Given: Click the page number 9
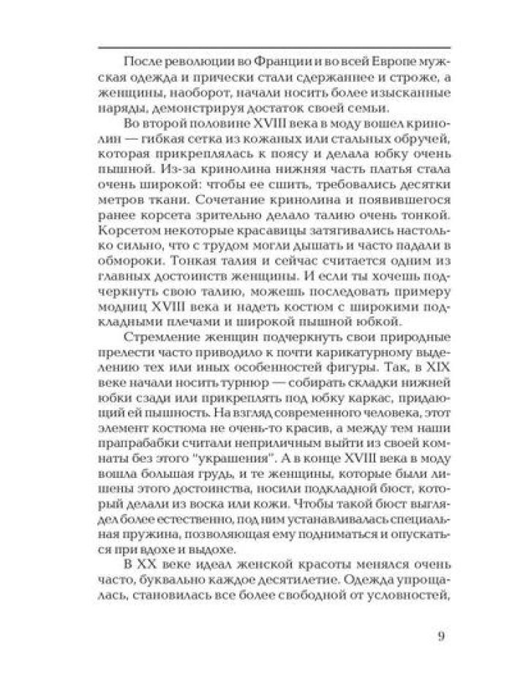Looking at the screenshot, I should click(441, 635).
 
